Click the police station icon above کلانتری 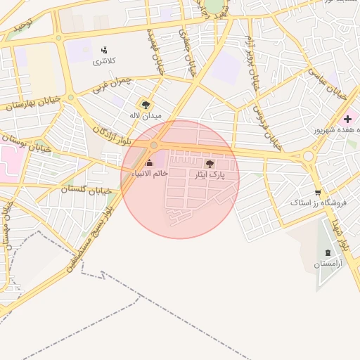click(104, 50)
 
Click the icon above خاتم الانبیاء click(149, 163)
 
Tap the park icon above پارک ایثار click(210, 164)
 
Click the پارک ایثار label click(210, 174)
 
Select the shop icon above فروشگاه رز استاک click(319, 192)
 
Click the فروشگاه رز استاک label click(319, 202)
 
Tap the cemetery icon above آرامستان click(328, 252)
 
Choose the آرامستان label click(328, 264)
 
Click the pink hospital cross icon click(347, 119)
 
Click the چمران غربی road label click(112, 86)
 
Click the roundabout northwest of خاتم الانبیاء click(154, 145)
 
